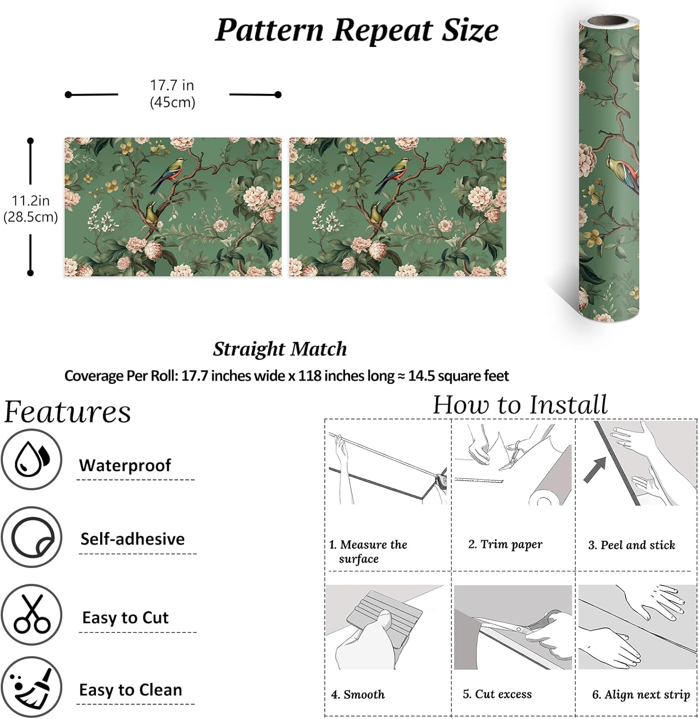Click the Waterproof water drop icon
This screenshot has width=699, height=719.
tap(32, 459)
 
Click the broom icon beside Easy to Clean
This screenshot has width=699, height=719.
tap(32, 687)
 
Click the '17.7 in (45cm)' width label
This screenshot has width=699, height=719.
tap(172, 94)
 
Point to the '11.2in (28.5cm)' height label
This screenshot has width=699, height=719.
tap(31, 209)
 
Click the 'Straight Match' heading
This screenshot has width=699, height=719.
tap(280, 349)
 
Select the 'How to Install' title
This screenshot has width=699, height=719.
tap(520, 405)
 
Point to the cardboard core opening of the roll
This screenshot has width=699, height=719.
tap(609, 22)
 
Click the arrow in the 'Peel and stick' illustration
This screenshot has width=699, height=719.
tap(595, 470)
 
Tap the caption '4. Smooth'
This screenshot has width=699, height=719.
tap(358, 695)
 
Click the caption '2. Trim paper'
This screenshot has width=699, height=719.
tap(505, 545)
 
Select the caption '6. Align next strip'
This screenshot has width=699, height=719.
tap(641, 695)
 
